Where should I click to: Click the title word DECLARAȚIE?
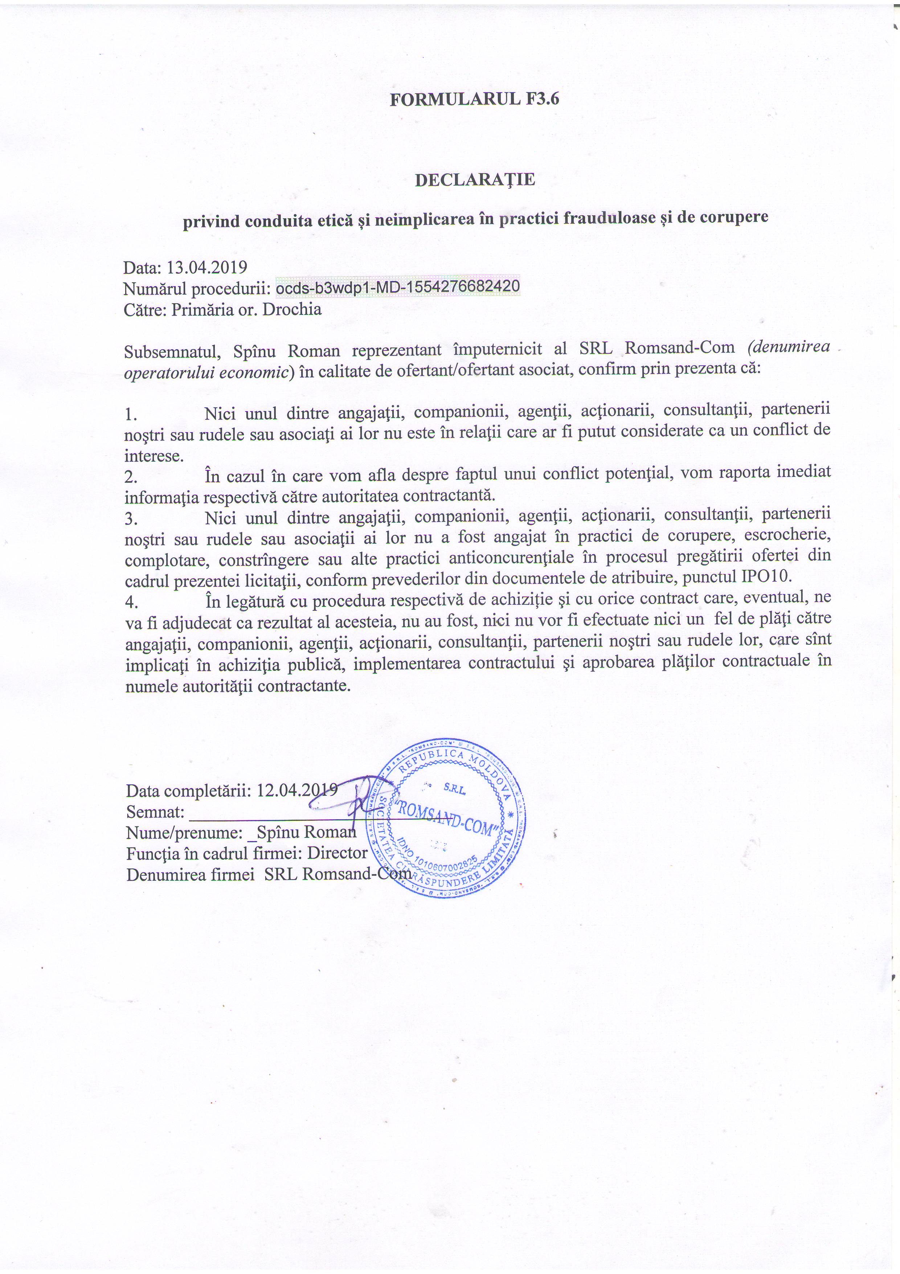(x=475, y=180)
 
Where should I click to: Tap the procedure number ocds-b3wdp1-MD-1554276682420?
(x=398, y=287)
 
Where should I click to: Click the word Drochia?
(x=292, y=309)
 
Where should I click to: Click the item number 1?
(x=131, y=414)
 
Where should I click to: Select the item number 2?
(x=131, y=476)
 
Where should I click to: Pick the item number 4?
(x=131, y=601)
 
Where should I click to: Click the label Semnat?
(x=155, y=812)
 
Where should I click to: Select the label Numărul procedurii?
(x=197, y=288)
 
